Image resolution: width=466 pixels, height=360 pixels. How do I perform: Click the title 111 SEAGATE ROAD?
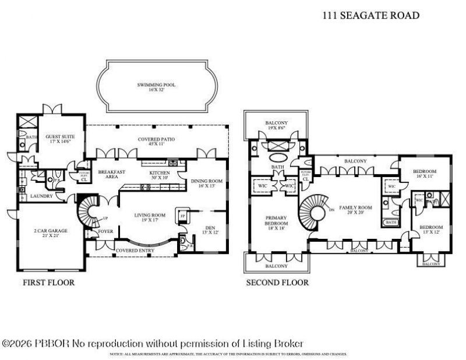point(370,16)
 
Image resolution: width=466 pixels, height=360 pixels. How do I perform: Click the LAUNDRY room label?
point(43,196)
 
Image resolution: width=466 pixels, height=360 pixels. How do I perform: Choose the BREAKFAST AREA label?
point(109,175)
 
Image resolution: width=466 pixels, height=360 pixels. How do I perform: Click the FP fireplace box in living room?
point(182,216)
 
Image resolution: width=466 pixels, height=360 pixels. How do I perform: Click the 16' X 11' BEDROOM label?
point(425,174)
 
